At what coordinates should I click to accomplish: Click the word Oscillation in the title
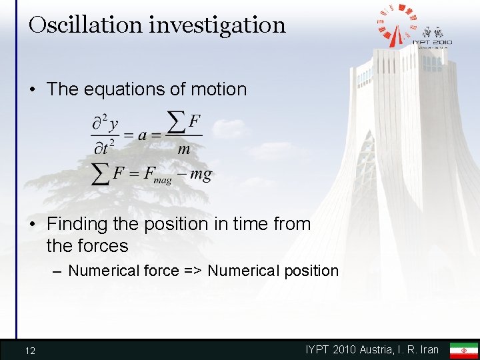[85, 25]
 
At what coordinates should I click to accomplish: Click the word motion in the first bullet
[215, 89]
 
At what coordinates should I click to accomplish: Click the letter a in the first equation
[143, 135]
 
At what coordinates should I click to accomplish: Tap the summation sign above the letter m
[175, 122]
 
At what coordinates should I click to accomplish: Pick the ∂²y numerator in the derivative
[105, 123]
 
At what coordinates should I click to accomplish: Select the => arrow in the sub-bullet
[193, 271]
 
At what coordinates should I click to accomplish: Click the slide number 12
[30, 351]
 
